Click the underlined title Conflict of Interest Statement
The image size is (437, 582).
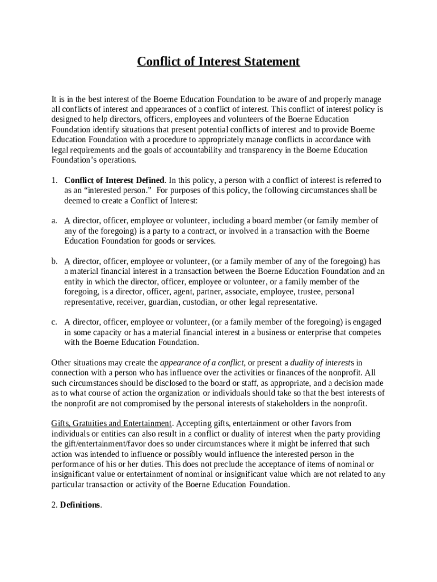(218, 61)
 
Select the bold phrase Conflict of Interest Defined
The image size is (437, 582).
(115, 180)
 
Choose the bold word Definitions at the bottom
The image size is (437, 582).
(80, 505)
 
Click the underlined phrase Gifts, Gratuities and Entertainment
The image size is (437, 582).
(111, 423)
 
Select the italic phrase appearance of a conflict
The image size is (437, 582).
(202, 363)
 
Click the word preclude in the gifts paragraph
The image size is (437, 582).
(227, 464)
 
